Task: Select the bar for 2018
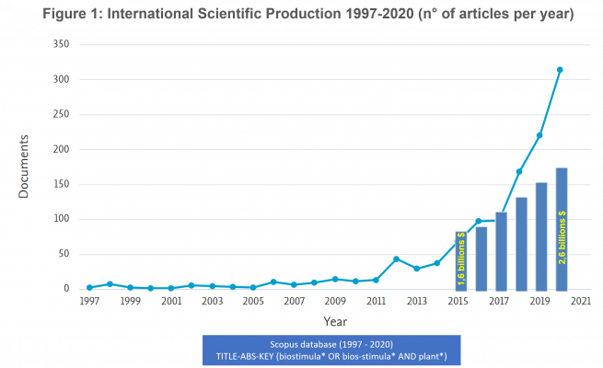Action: tap(521, 243)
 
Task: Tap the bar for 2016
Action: tap(481, 258)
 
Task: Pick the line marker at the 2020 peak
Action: tap(560, 70)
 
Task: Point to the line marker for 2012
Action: tap(396, 259)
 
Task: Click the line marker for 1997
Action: tap(89, 287)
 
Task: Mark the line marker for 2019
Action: tap(539, 135)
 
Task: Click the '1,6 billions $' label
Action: tap(460, 260)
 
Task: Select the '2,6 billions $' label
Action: tap(562, 237)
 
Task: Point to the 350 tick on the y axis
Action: tap(60, 44)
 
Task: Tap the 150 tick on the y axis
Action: tap(60, 184)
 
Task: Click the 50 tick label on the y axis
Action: tap(63, 254)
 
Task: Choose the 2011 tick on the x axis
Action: tap(376, 301)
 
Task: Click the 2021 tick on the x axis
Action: tap(580, 301)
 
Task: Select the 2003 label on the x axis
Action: tap(212, 301)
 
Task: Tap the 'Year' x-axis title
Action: tap(335, 320)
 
